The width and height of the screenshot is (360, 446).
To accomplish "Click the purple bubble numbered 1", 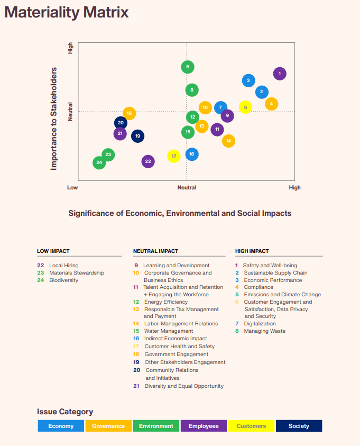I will click(x=280, y=74).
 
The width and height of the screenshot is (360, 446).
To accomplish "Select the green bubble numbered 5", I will click(x=187, y=67).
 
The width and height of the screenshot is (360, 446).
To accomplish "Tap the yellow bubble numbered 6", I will click(x=245, y=107).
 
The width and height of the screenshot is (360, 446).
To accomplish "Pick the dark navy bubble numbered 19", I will click(x=137, y=136).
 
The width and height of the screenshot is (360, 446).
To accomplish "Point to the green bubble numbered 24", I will click(x=99, y=162).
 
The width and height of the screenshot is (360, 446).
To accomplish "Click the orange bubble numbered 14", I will click(x=228, y=141).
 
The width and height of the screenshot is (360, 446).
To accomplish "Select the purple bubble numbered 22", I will click(x=148, y=161).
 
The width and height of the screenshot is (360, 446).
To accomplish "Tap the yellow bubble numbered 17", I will click(x=174, y=156).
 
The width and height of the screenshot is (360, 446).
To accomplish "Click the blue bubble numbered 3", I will click(x=248, y=80).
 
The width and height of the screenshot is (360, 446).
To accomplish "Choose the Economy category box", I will click(x=61, y=426).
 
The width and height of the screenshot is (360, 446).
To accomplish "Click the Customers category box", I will click(x=251, y=426).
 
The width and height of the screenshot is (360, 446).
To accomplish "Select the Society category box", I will click(x=299, y=426).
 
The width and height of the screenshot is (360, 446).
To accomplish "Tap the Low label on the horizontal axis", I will click(x=72, y=187).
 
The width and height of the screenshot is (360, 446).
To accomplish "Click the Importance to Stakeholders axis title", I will click(x=54, y=119).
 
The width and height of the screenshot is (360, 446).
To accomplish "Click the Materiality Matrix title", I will click(x=67, y=13).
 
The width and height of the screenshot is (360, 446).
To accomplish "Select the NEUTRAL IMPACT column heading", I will click(x=155, y=251).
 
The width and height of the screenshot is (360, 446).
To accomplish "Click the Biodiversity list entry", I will click(x=63, y=280).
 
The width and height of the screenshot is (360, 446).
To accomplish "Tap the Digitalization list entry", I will click(x=260, y=324).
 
